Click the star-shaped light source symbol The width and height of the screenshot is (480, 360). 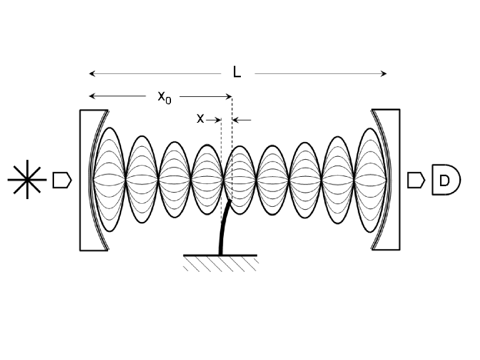[x=28, y=179]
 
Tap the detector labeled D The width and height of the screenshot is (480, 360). [x=445, y=180]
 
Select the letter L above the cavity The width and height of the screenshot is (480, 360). [x=236, y=73]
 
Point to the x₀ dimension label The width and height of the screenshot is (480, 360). [x=165, y=98]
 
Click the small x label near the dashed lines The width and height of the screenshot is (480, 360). [x=200, y=119]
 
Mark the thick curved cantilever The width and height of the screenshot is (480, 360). [x=224, y=229]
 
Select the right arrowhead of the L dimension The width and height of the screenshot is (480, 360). [x=384, y=73]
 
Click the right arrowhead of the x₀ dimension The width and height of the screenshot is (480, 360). [x=230, y=96]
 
